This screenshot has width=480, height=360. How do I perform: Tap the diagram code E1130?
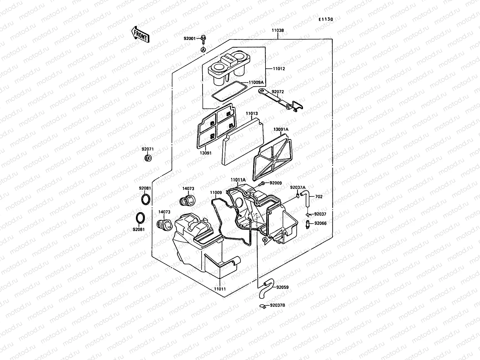tap(326, 19)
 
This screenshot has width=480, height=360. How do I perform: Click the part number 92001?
tap(190, 38)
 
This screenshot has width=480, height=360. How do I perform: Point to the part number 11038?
tap(278, 30)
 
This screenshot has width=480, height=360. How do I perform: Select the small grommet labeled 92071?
tap(148, 158)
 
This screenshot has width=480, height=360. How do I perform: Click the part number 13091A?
tap(280, 129)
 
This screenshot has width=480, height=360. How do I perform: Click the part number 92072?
tap(277, 92)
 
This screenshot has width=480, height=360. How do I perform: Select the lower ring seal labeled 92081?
tap(140, 218)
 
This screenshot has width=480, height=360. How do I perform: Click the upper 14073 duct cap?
tap(186, 200)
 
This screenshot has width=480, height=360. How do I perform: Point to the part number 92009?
tap(275, 183)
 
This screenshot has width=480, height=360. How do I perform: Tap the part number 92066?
tap(320, 223)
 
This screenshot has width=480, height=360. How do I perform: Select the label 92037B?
tap(277, 305)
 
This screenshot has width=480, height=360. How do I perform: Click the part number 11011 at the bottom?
tap(220, 289)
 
